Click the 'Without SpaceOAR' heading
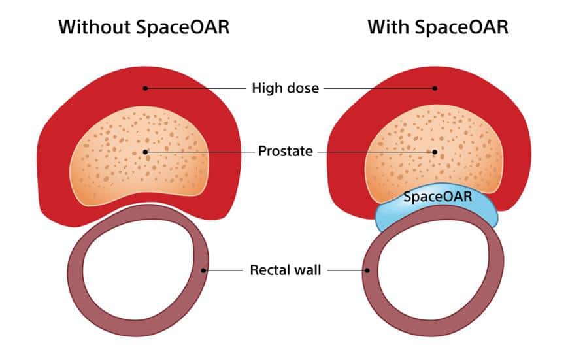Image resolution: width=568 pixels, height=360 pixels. click(144, 27)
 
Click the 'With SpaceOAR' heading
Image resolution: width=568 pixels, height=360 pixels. click(438, 27)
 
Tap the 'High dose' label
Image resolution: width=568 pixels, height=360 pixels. click(286, 88)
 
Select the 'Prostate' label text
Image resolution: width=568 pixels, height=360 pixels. click(286, 151)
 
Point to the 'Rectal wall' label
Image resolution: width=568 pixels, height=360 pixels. click(286, 270)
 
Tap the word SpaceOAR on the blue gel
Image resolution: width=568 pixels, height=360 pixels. click(437, 197)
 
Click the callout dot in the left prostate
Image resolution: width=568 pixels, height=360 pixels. click(145, 152)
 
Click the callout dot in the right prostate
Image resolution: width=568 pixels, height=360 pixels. click(435, 152)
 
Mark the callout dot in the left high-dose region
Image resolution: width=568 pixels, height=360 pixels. click(145, 88)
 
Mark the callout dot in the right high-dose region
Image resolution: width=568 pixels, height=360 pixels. click(435, 88)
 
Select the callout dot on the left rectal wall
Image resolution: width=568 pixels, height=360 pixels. click(203, 270)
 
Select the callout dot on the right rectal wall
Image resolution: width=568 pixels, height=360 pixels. click(367, 270)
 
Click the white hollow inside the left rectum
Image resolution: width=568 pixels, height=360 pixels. click(139, 270)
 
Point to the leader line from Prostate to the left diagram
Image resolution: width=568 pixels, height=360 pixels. click(200, 152)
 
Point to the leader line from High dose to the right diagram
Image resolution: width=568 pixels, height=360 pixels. click(379, 88)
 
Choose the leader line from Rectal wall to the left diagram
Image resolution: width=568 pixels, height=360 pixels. click(223, 270)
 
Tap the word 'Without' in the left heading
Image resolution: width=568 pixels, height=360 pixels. click(95, 27)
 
